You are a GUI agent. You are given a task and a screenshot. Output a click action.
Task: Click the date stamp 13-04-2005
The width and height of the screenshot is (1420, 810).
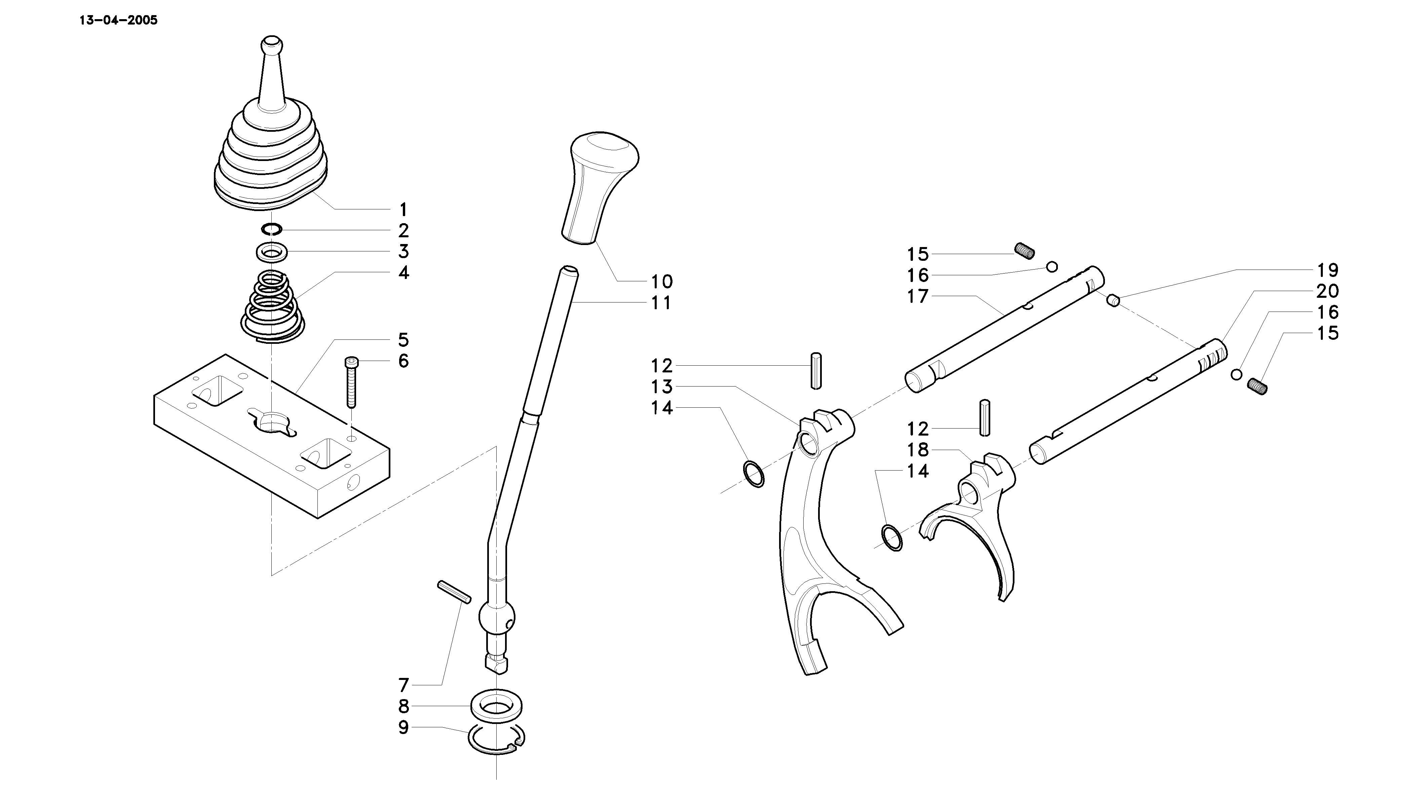pyautogui.click(x=118, y=21)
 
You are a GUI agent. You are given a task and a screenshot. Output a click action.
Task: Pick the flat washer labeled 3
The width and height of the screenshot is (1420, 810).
pyautogui.click(x=272, y=252)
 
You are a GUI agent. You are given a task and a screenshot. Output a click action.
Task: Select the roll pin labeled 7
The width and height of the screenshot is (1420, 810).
pyautogui.click(x=454, y=591)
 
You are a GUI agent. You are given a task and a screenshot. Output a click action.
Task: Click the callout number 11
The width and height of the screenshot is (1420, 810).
pyautogui.click(x=661, y=303)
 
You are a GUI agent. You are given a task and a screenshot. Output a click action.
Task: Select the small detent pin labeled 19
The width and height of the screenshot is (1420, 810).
pyautogui.click(x=1113, y=300)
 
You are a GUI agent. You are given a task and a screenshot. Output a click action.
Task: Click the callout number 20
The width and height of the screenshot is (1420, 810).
pyautogui.click(x=1328, y=291)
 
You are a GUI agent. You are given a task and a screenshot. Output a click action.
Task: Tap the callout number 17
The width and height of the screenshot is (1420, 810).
pyautogui.click(x=918, y=296)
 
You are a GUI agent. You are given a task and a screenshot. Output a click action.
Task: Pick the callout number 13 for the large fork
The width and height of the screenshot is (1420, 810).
pyautogui.click(x=662, y=387)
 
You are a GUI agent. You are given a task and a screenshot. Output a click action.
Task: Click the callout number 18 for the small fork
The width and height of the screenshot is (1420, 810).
pyautogui.click(x=918, y=449)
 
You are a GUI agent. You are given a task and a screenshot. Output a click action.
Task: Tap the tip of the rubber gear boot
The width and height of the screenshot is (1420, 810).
pyautogui.click(x=272, y=42)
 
